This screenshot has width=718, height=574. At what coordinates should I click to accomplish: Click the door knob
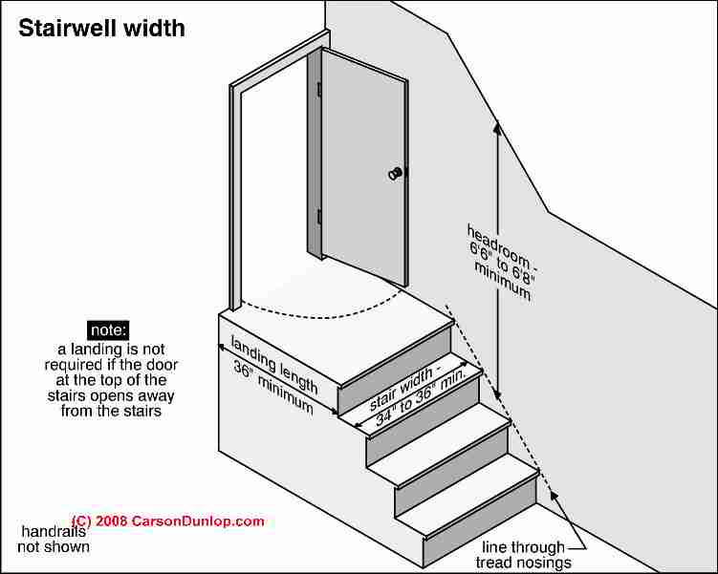click(x=395, y=173)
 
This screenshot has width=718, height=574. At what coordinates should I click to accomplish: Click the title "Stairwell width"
click(x=101, y=29)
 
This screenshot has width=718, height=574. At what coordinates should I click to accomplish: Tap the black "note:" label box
click(x=108, y=330)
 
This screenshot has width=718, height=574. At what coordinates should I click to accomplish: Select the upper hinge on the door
click(x=319, y=89)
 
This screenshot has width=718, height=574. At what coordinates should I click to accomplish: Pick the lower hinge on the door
click(x=319, y=216)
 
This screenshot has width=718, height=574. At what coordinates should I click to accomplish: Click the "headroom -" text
click(x=500, y=247)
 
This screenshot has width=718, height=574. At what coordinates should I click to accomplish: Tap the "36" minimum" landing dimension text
click(x=273, y=387)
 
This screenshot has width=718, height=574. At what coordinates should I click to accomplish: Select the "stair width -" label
click(x=402, y=389)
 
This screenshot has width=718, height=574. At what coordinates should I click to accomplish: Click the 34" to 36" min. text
click(x=421, y=398)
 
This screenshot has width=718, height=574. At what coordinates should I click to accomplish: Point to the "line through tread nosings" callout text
click(x=523, y=554)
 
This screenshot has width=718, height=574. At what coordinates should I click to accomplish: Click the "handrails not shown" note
click(x=54, y=539)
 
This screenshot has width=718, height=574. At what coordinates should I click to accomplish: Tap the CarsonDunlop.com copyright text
click(x=168, y=521)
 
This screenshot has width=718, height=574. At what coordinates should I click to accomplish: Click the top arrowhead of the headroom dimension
click(x=497, y=126)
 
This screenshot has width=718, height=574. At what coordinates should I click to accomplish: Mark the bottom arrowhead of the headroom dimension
click(x=498, y=393)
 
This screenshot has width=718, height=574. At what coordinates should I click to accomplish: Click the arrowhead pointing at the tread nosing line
click(x=554, y=496)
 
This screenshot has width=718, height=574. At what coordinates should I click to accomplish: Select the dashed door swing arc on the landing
click(x=320, y=317)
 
